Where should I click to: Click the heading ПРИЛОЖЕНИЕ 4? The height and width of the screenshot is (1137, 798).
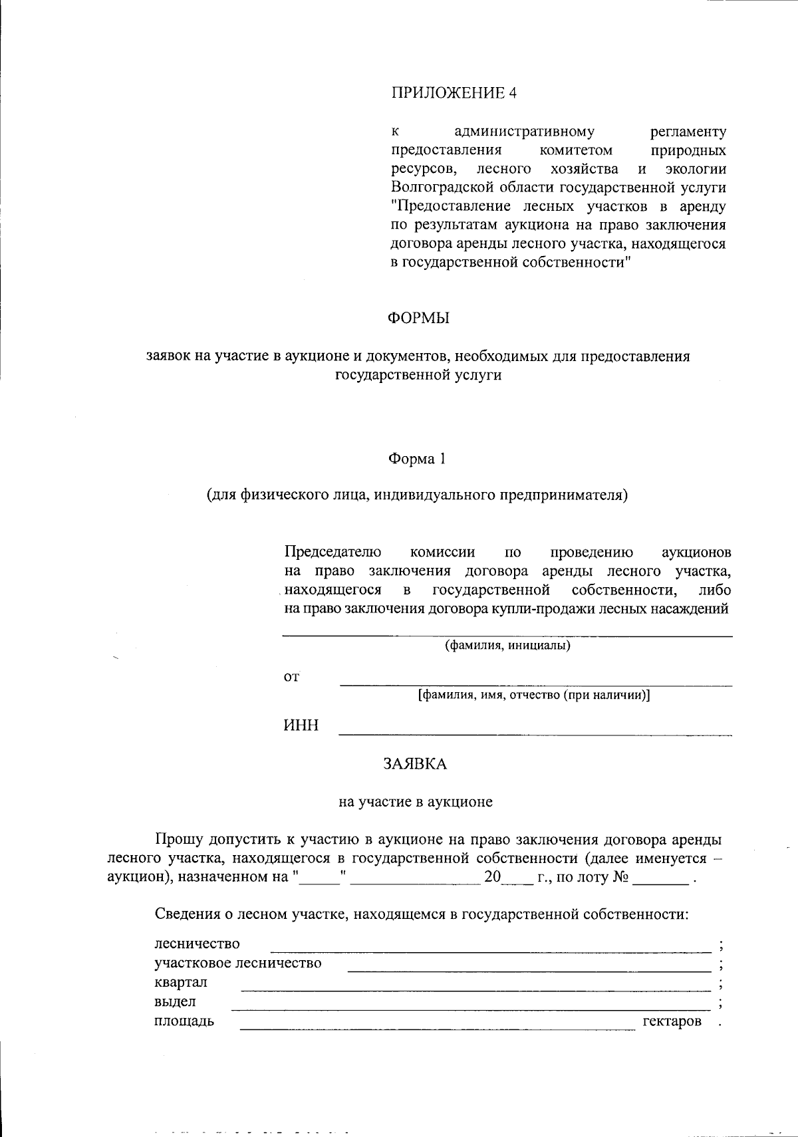(453, 93)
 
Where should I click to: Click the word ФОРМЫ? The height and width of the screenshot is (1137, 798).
(418, 318)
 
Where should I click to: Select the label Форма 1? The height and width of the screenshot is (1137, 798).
(416, 459)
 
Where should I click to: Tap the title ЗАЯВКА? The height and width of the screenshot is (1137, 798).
(415, 764)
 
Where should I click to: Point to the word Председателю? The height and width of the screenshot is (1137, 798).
(332, 552)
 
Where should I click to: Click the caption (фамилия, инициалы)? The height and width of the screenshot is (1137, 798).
(507, 645)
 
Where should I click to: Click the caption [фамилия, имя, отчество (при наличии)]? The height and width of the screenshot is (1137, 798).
(534, 695)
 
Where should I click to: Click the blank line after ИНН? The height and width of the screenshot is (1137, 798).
(535, 733)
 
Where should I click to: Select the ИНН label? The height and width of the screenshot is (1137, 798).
(301, 725)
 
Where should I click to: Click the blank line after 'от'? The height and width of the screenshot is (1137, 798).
(535, 684)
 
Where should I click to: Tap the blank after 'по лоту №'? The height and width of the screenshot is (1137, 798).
(660, 883)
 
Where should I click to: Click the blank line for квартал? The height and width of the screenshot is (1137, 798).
(475, 990)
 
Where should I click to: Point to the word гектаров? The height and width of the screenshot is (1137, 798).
(672, 1021)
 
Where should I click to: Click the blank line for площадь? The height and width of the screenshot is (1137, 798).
(437, 1029)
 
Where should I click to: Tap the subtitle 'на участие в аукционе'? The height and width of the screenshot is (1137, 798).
(416, 802)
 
